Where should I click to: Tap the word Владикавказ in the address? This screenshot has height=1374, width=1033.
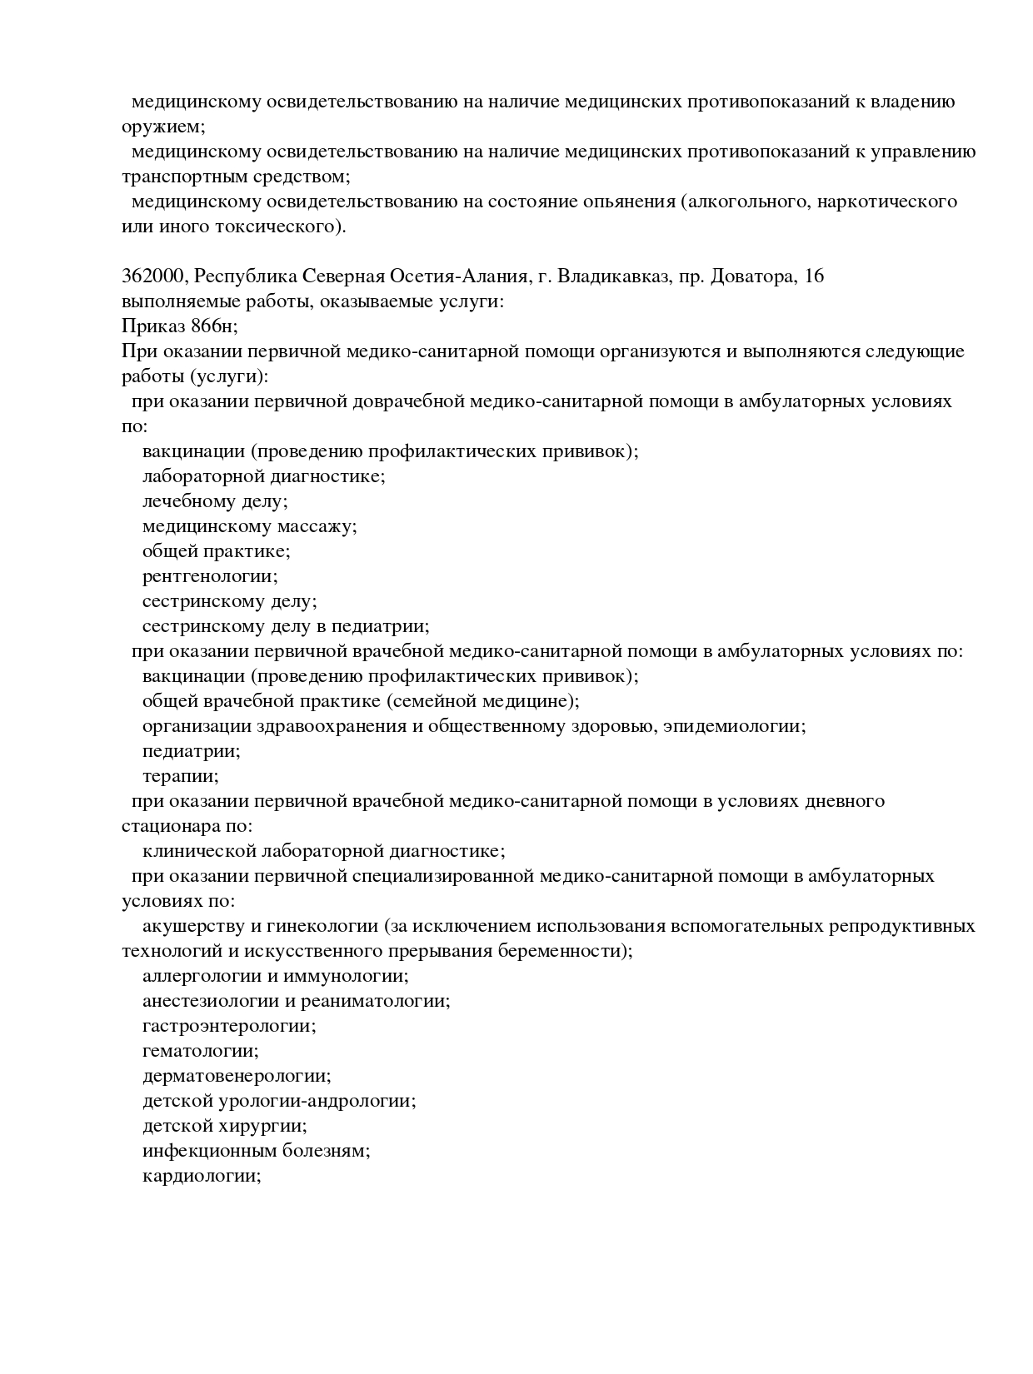click(x=613, y=276)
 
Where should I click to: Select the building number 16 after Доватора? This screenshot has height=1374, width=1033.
click(x=814, y=276)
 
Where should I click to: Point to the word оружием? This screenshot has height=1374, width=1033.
click(x=162, y=127)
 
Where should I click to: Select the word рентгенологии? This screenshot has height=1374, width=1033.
click(x=209, y=576)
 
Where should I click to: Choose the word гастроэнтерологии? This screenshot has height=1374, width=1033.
click(x=228, y=1026)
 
